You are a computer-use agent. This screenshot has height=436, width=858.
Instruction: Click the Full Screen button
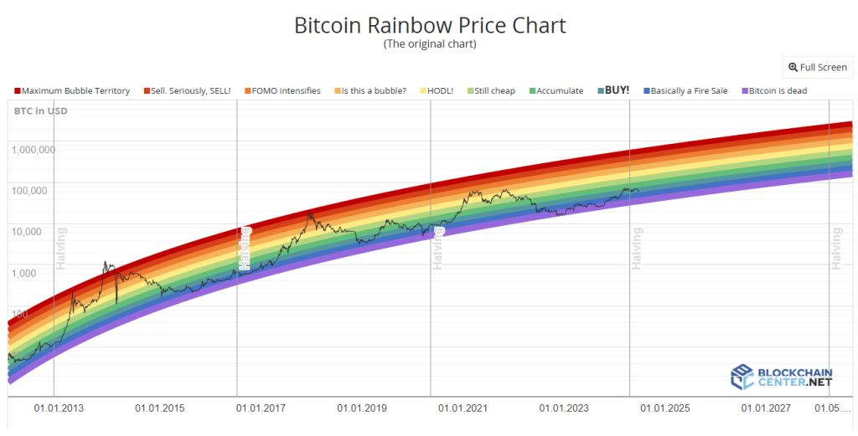(x=817, y=67)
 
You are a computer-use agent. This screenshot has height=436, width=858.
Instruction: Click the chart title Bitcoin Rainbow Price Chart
(x=429, y=25)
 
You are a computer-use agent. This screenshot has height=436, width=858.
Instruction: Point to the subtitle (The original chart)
(x=429, y=44)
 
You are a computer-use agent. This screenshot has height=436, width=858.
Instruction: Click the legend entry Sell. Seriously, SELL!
(x=187, y=90)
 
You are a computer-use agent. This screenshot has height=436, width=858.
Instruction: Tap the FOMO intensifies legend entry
(x=282, y=90)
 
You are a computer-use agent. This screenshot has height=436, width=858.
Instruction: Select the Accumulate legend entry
(x=556, y=90)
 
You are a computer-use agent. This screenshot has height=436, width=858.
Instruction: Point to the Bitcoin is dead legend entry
(x=773, y=90)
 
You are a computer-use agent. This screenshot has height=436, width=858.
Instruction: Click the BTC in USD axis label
(x=40, y=110)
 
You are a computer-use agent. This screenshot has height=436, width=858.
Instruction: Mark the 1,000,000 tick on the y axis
(x=34, y=150)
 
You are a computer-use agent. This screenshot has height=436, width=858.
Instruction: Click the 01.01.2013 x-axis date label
(x=59, y=408)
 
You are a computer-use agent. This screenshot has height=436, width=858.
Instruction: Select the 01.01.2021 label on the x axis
(x=463, y=408)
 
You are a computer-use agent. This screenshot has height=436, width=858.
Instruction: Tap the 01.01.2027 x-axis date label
(x=766, y=408)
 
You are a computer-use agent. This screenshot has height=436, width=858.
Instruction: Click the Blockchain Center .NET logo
(x=782, y=377)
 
